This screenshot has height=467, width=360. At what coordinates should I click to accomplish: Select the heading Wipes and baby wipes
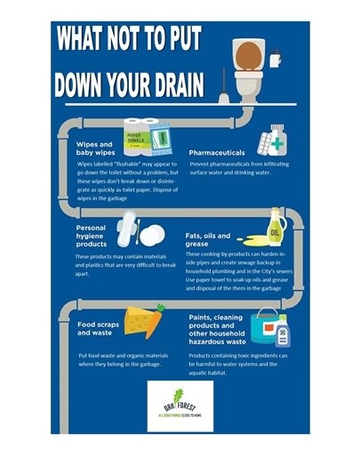click(x=95, y=148)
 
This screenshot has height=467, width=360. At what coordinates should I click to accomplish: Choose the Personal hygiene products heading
click(x=92, y=236)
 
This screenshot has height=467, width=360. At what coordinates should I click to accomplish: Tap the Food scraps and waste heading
click(x=99, y=329)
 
